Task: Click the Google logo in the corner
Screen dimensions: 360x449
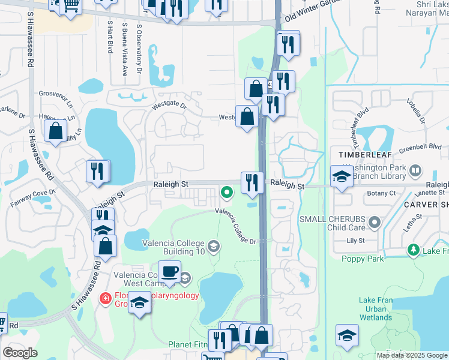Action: pyautogui.click(x=20, y=353)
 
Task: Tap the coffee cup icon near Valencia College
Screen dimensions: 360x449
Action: pyautogui.click(x=169, y=271)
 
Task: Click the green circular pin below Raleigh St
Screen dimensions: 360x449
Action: pyautogui.click(x=227, y=193)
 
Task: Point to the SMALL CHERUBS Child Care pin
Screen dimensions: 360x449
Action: pyautogui.click(x=375, y=223)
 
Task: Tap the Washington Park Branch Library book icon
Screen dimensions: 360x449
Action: pyautogui.click(x=415, y=172)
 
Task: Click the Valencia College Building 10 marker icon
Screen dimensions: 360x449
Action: pyautogui.click(x=213, y=247)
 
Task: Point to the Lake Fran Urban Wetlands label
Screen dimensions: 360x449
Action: pyautogui.click(x=376, y=308)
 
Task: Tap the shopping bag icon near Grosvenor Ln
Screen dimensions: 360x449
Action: pyautogui.click(x=55, y=131)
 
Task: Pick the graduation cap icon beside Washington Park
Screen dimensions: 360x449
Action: pyautogui.click(x=342, y=176)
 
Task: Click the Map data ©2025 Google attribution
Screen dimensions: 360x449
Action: pyautogui.click(x=412, y=355)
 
